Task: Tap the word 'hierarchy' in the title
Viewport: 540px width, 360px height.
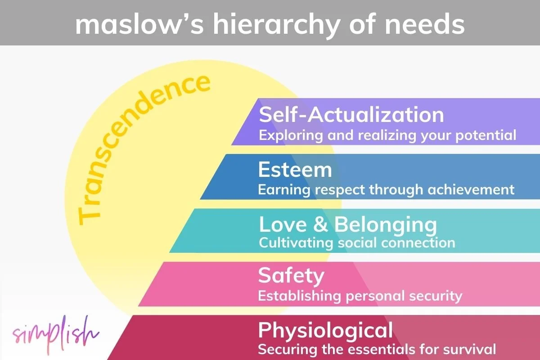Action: pos(266,23)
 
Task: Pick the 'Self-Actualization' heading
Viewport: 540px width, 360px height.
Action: pos(351,115)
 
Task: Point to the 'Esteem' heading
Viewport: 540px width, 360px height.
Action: pos(295,170)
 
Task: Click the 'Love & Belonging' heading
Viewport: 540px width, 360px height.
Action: pos(348,225)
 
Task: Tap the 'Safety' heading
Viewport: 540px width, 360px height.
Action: pos(291,275)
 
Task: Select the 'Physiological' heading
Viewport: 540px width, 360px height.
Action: pos(325,330)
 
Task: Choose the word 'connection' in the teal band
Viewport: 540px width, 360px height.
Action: pos(418,243)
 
